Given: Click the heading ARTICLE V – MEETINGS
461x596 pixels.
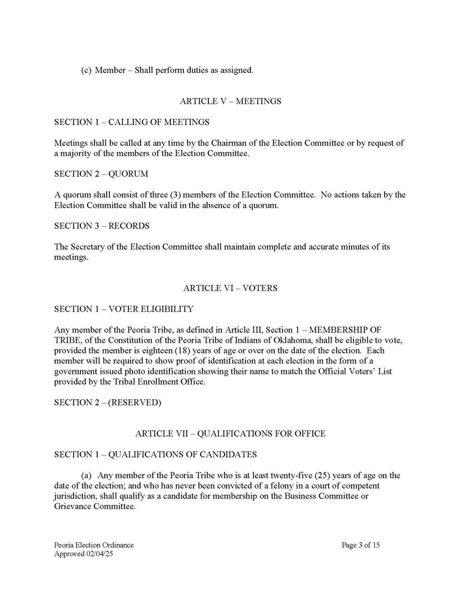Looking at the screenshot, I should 230,101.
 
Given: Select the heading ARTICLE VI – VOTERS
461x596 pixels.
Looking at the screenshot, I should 230,288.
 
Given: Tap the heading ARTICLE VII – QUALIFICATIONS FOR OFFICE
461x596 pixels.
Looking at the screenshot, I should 230,433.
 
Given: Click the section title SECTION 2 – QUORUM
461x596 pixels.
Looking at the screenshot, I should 101,174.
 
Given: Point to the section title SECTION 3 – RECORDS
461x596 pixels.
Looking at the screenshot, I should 102,226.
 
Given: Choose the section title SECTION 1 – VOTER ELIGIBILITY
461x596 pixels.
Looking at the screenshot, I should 123,309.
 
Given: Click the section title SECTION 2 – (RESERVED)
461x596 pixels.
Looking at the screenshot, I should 107,402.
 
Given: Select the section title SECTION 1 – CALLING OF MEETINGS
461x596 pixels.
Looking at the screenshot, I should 132,122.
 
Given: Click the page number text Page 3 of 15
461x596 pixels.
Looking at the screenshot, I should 361,545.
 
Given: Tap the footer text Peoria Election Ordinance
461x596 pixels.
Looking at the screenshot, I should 94,545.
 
